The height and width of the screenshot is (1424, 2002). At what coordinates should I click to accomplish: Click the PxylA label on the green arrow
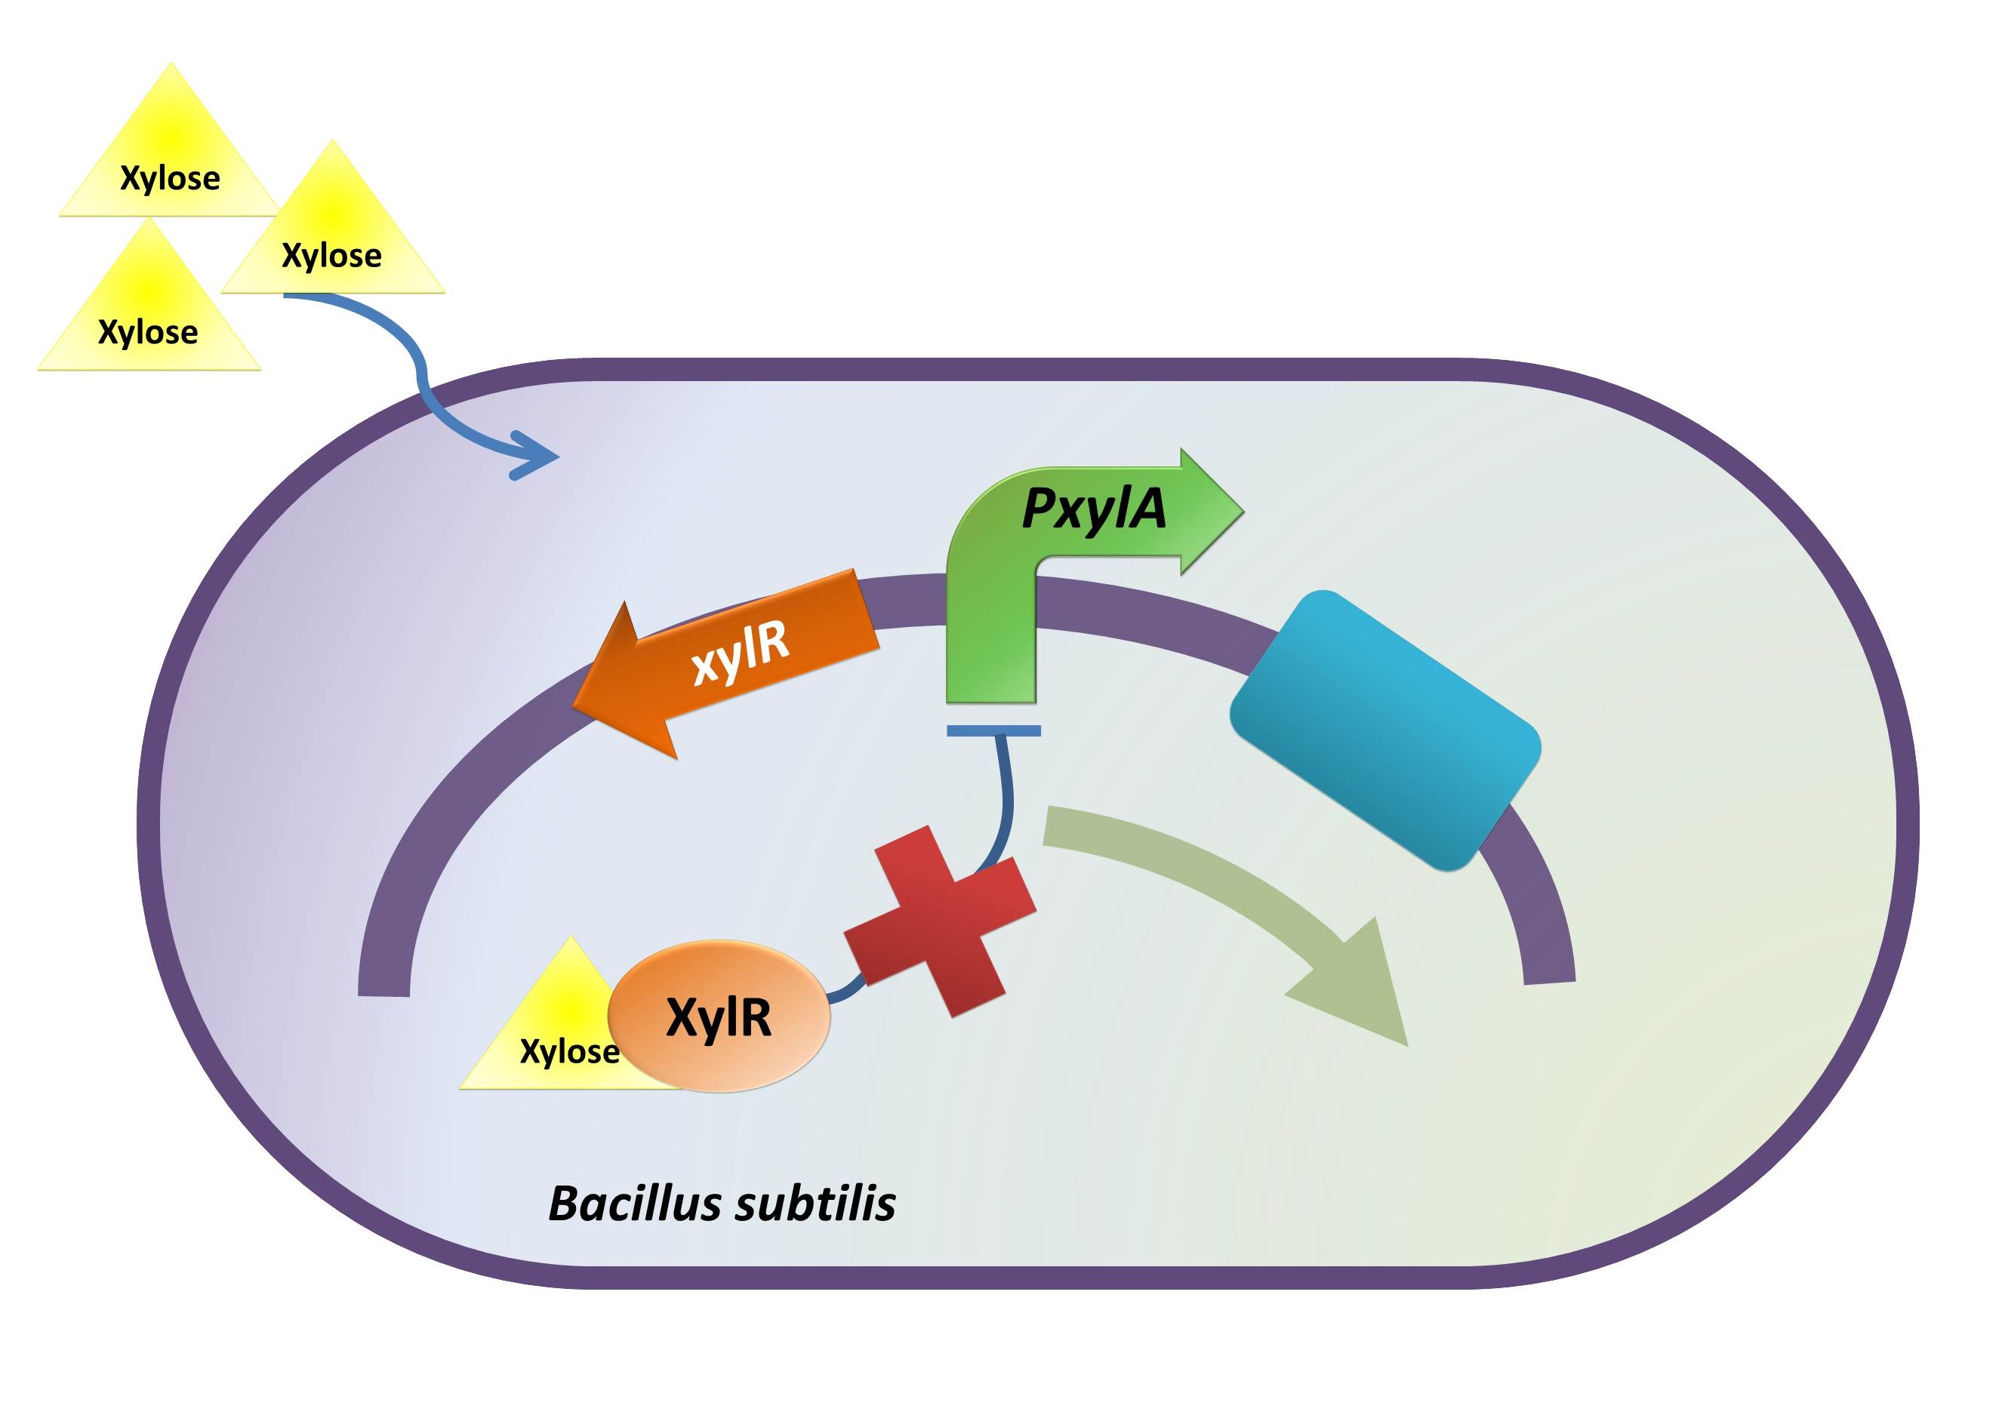(1094, 509)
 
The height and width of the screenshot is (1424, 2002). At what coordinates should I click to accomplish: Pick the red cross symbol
(939, 921)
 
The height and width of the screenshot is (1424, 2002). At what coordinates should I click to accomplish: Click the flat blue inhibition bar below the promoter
(993, 730)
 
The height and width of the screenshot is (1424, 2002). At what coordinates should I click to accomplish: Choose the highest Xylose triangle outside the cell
(170, 158)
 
